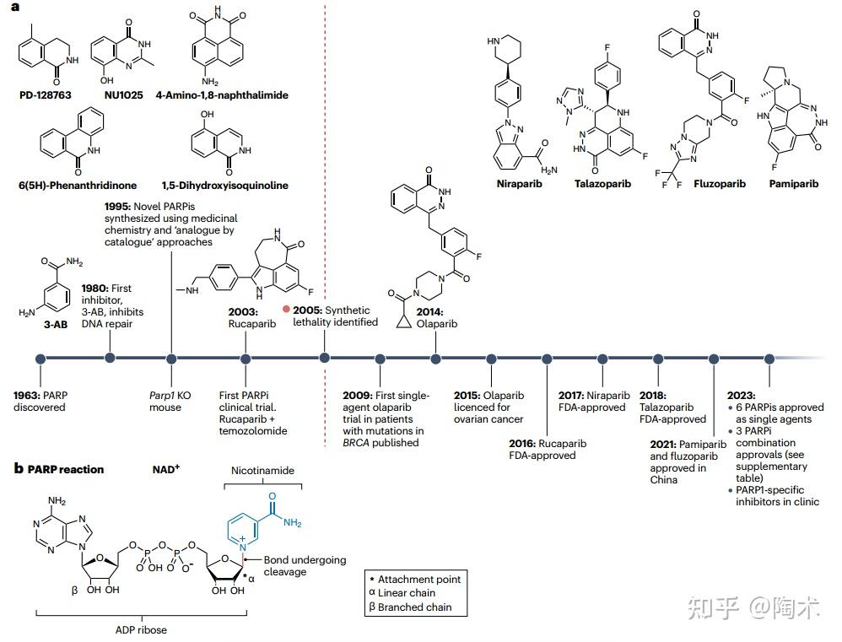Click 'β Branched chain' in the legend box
(414, 607)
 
